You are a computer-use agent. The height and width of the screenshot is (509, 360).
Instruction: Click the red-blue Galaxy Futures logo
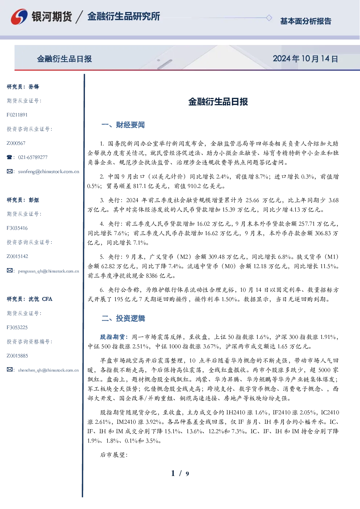pyautogui.click(x=19, y=17)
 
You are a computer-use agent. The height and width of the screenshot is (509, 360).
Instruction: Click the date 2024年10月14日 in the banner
pyautogui.click(x=305, y=59)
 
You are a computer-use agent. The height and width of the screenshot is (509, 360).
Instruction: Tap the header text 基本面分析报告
pyautogui.click(x=306, y=21)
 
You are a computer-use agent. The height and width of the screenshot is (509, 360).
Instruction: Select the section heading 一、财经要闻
pyautogui.click(x=123, y=125)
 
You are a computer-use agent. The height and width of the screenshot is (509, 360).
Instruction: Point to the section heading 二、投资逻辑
pyautogui.click(x=123, y=319)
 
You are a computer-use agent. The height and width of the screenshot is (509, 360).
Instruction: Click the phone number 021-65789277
pyautogui.click(x=33, y=157)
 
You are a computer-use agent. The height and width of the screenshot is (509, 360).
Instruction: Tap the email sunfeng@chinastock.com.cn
pyautogui.click(x=49, y=172)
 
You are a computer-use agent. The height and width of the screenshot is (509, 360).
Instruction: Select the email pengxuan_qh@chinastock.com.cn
pyautogui.click(x=49, y=271)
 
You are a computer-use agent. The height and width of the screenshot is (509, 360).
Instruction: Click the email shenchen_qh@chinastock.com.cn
pyautogui.click(x=48, y=370)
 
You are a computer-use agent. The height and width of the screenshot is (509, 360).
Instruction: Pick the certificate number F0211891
pyautogui.click(x=17, y=115)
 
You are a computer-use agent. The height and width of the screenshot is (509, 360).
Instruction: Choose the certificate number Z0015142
pyautogui.click(x=17, y=256)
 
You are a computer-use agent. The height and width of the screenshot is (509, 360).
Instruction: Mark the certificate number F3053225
pyautogui.click(x=17, y=328)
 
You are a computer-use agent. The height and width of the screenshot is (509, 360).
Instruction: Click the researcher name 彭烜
pyautogui.click(x=34, y=200)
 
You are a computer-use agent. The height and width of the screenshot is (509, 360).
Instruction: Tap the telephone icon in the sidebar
pyautogui.click(x=9, y=157)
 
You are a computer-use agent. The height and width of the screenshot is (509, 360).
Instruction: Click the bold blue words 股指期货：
pyautogui.click(x=114, y=337)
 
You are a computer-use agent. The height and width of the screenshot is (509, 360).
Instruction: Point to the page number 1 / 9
pyautogui.click(x=180, y=473)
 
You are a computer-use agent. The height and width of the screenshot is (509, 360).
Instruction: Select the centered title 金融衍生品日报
pyautogui.click(x=218, y=102)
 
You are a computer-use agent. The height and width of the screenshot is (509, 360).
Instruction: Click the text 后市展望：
pyautogui.click(x=114, y=455)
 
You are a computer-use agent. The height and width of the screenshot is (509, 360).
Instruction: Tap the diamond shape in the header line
pyautogui.click(x=269, y=18)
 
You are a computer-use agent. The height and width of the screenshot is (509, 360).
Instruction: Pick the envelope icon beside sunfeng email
pyautogui.click(x=9, y=171)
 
